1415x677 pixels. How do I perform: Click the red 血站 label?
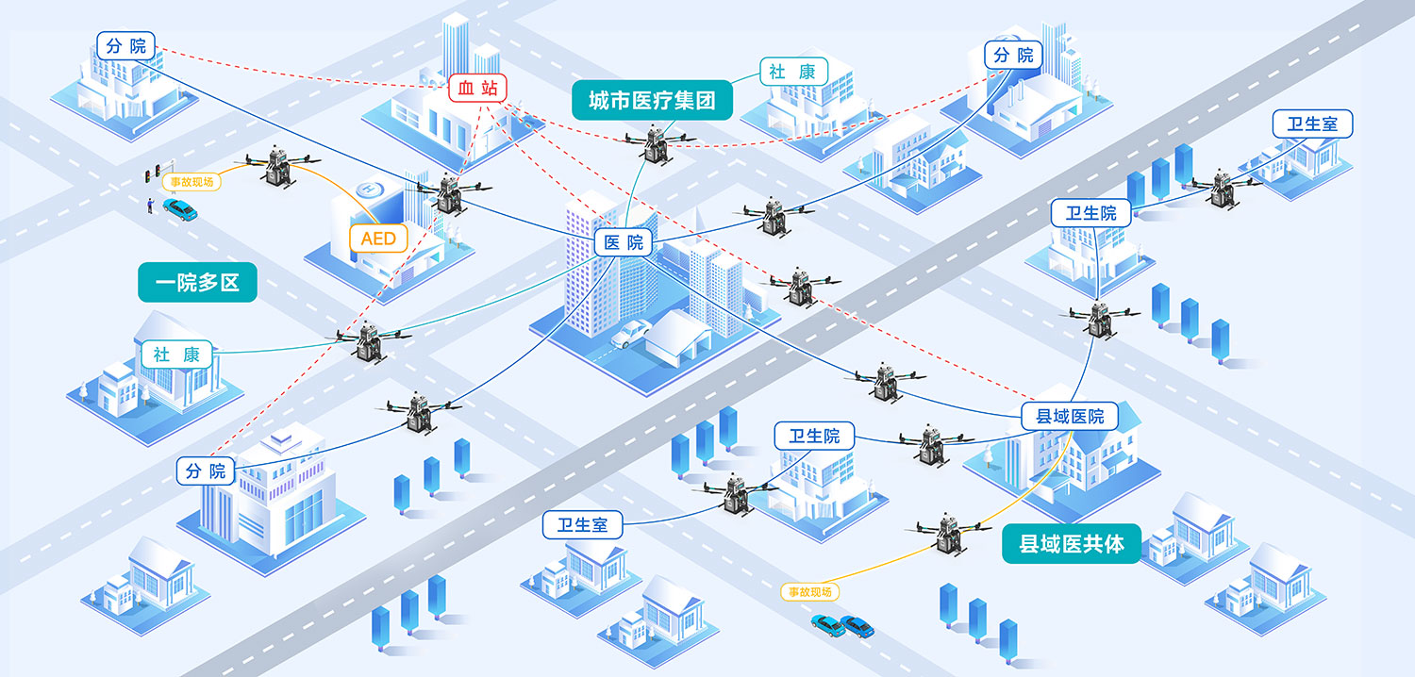[477, 88]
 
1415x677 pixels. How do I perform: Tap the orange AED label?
[378, 239]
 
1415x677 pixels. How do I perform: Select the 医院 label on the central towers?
[624, 242]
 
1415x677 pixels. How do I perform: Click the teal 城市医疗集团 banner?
[652, 100]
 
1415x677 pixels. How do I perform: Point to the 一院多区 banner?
[198, 282]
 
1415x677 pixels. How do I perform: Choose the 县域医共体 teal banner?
[1072, 544]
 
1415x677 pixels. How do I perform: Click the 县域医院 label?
[1070, 416]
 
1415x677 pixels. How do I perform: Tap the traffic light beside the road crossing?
[152, 173]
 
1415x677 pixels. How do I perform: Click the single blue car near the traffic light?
[180, 209]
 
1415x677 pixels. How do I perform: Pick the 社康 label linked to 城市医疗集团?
[793, 72]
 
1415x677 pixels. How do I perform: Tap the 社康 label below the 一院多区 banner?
[176, 355]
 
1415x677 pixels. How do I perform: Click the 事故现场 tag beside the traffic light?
[192, 182]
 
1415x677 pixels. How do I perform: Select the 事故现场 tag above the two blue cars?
[810, 592]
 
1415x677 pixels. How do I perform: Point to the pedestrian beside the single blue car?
[150, 206]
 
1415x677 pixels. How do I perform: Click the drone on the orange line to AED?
[278, 166]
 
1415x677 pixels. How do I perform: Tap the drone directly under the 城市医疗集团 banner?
[657, 143]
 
